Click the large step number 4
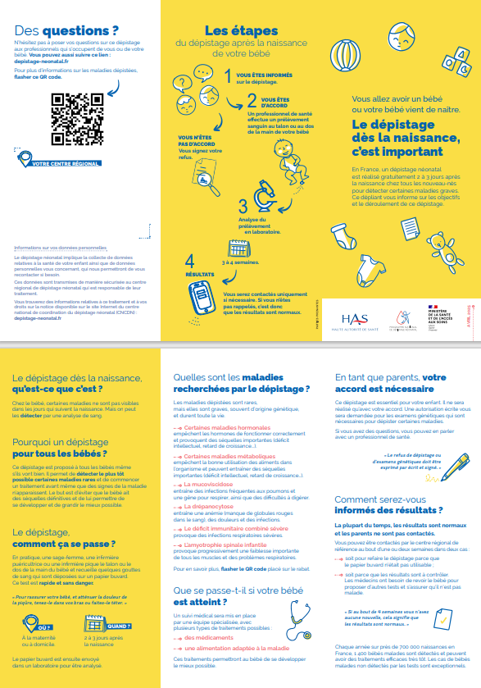189,261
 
